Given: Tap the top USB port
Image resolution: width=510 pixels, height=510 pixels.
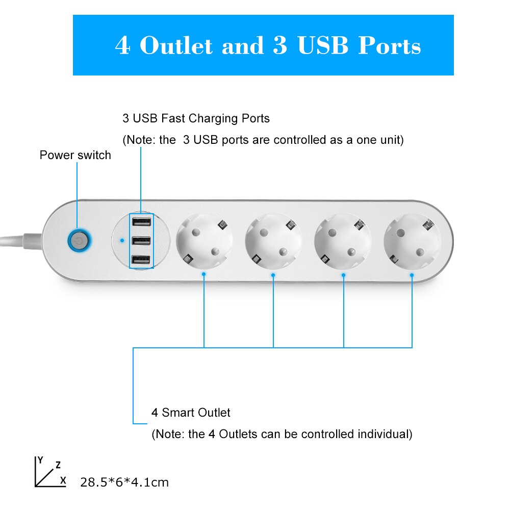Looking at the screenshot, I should [x=141, y=222].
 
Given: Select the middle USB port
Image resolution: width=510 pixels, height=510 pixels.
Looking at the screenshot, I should [x=141, y=241].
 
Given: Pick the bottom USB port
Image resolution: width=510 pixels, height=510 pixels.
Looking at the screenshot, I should [x=141, y=261].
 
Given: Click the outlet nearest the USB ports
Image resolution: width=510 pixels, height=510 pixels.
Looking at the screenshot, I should [x=204, y=241].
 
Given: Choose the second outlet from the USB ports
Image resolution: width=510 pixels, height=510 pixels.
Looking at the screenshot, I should [x=273, y=241].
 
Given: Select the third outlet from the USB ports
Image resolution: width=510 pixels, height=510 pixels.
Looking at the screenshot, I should [x=343, y=241].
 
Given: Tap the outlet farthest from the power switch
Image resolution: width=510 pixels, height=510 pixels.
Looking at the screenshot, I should [x=412, y=241].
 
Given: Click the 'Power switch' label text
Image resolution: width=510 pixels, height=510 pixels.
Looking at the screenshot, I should [x=75, y=156].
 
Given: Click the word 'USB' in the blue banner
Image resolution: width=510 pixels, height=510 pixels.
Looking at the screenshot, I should [x=323, y=46].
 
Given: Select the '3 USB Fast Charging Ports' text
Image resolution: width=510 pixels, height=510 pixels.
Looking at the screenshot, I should [x=196, y=119].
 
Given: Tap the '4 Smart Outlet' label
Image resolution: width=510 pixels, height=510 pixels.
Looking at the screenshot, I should [x=191, y=413].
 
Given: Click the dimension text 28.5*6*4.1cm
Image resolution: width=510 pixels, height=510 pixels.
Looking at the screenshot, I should [x=124, y=482].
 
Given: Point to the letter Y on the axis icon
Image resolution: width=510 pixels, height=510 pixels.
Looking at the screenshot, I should [x=41, y=460].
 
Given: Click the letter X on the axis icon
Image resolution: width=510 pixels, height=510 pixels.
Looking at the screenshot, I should [x=63, y=480].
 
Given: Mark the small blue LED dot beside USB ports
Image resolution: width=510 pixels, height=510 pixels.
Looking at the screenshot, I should [x=121, y=240].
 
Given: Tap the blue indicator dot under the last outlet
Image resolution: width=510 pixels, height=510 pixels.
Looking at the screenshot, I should [x=412, y=275].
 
